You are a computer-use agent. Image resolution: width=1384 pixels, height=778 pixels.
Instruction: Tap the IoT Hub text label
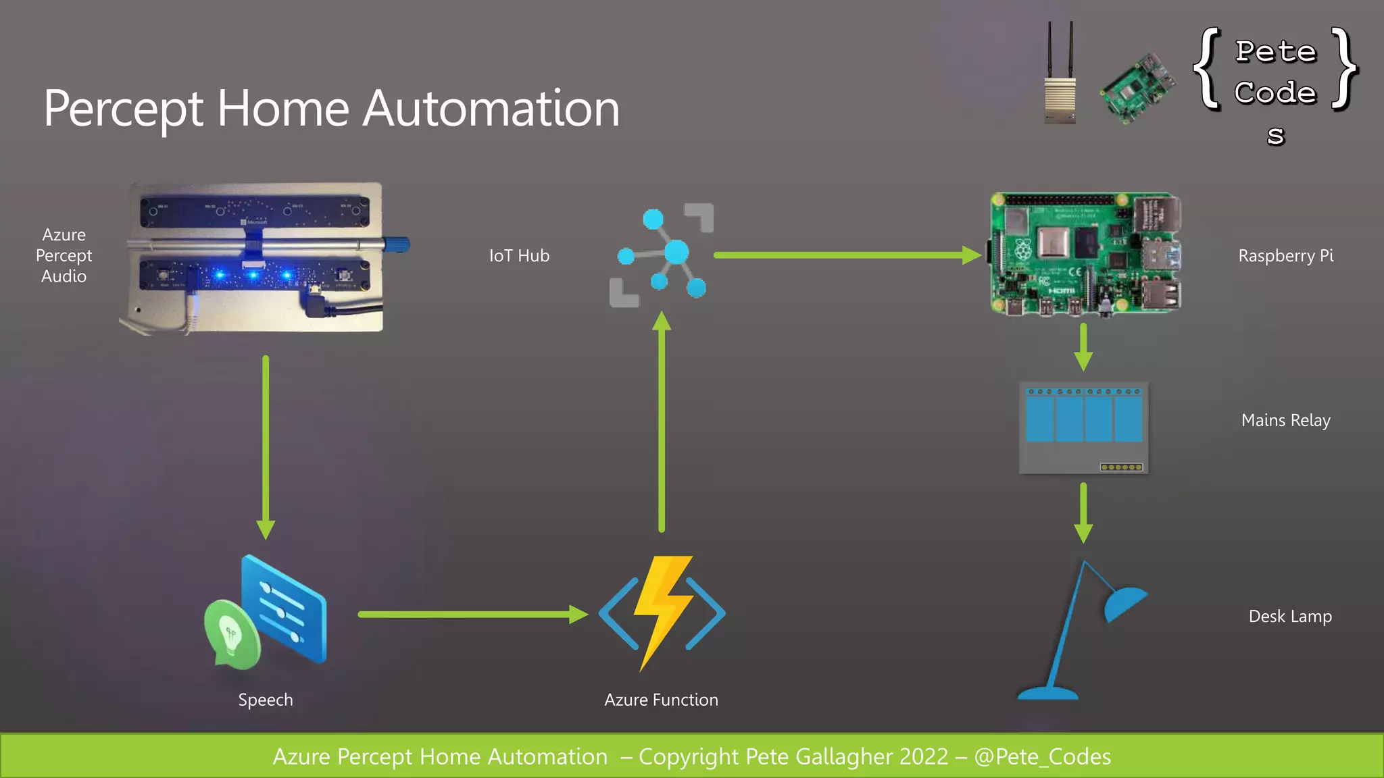click(x=519, y=256)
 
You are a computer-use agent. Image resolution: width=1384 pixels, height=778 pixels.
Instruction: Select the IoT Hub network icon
click(x=662, y=255)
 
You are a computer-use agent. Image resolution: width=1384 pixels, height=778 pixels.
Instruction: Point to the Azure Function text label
click(x=661, y=700)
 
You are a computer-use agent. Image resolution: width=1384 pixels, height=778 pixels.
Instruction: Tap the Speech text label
click(x=266, y=700)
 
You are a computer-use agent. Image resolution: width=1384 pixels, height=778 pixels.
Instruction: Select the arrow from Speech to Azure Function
click(x=473, y=614)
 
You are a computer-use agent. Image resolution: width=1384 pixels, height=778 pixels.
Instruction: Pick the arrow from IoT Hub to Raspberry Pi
click(x=845, y=255)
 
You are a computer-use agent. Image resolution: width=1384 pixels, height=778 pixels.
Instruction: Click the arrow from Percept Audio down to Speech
click(x=266, y=446)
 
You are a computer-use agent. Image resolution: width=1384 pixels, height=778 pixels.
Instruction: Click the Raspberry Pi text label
click(x=1285, y=256)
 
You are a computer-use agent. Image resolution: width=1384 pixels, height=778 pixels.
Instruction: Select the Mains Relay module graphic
click(x=1083, y=427)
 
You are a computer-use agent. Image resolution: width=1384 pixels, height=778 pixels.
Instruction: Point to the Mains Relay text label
click(x=1285, y=420)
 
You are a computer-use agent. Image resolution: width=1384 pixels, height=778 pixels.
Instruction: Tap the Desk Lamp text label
click(x=1289, y=616)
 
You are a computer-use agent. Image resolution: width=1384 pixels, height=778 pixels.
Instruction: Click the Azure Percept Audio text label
click(x=64, y=255)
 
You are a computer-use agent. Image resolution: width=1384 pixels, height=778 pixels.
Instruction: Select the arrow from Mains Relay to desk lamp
click(x=1083, y=513)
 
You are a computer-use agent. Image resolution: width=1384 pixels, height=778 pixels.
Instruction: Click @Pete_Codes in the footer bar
click(x=1042, y=756)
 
